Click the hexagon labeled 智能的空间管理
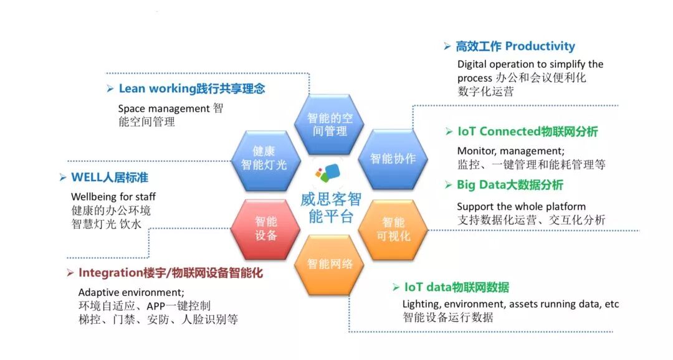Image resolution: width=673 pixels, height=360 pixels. pyautogui.click(x=330, y=125)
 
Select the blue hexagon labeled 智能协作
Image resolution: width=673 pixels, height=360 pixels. pyautogui.click(x=393, y=159)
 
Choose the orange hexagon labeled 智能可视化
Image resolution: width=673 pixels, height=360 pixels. pyautogui.click(x=393, y=229)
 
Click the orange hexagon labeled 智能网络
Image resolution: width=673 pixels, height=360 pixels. pyautogui.click(x=330, y=263)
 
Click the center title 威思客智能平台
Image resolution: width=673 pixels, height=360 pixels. pyautogui.click(x=330, y=208)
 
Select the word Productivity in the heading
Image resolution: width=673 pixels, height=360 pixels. pyautogui.click(x=540, y=47)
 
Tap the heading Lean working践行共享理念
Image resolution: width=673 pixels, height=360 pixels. pyautogui.click(x=191, y=89)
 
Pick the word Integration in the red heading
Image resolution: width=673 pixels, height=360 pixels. pyautogui.click(x=112, y=273)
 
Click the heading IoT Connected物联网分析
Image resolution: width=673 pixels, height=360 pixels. pyautogui.click(x=527, y=132)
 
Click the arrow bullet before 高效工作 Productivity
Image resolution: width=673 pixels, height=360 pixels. pyautogui.click(x=447, y=47)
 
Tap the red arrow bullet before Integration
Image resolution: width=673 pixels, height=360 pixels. pyautogui.click(x=70, y=273)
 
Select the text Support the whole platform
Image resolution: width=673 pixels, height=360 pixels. pyautogui.click(x=521, y=206)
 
